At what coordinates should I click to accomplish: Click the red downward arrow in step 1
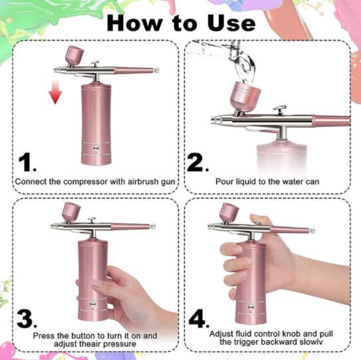[x=55, y=92]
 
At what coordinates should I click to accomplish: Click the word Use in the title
[x=231, y=23]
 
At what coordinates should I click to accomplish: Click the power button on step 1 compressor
[x=96, y=147]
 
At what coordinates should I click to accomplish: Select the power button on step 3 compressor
[x=93, y=304]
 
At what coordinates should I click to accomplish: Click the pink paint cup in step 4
[x=229, y=213]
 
